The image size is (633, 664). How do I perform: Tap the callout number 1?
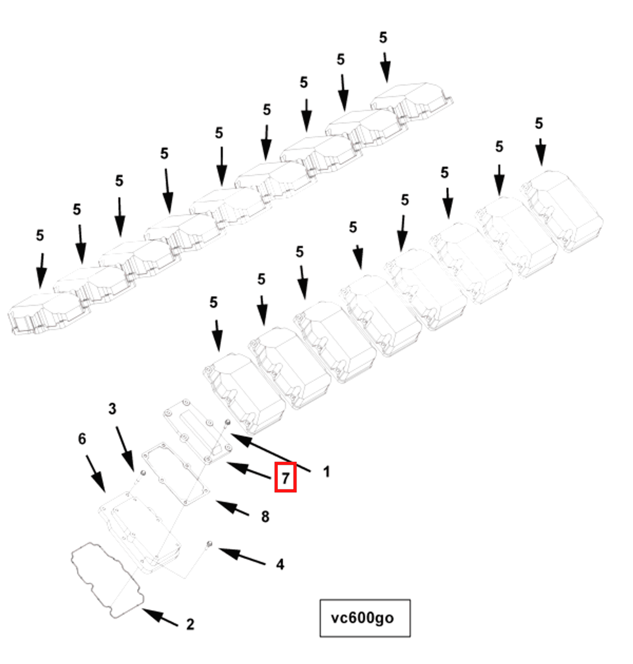tap(326, 472)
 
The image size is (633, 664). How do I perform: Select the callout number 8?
tap(265, 516)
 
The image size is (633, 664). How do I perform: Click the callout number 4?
tap(280, 564)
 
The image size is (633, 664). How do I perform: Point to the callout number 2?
tap(190, 624)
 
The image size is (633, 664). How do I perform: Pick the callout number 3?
tap(112, 409)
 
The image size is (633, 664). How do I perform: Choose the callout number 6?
tap(82, 439)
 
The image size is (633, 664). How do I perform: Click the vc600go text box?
tap(365, 618)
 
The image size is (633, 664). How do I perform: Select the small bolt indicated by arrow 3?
tap(143, 473)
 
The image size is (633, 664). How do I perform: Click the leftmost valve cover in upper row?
tap(45, 312)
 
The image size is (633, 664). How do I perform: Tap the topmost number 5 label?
tap(383, 37)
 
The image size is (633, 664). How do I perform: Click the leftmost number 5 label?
tap(40, 236)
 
